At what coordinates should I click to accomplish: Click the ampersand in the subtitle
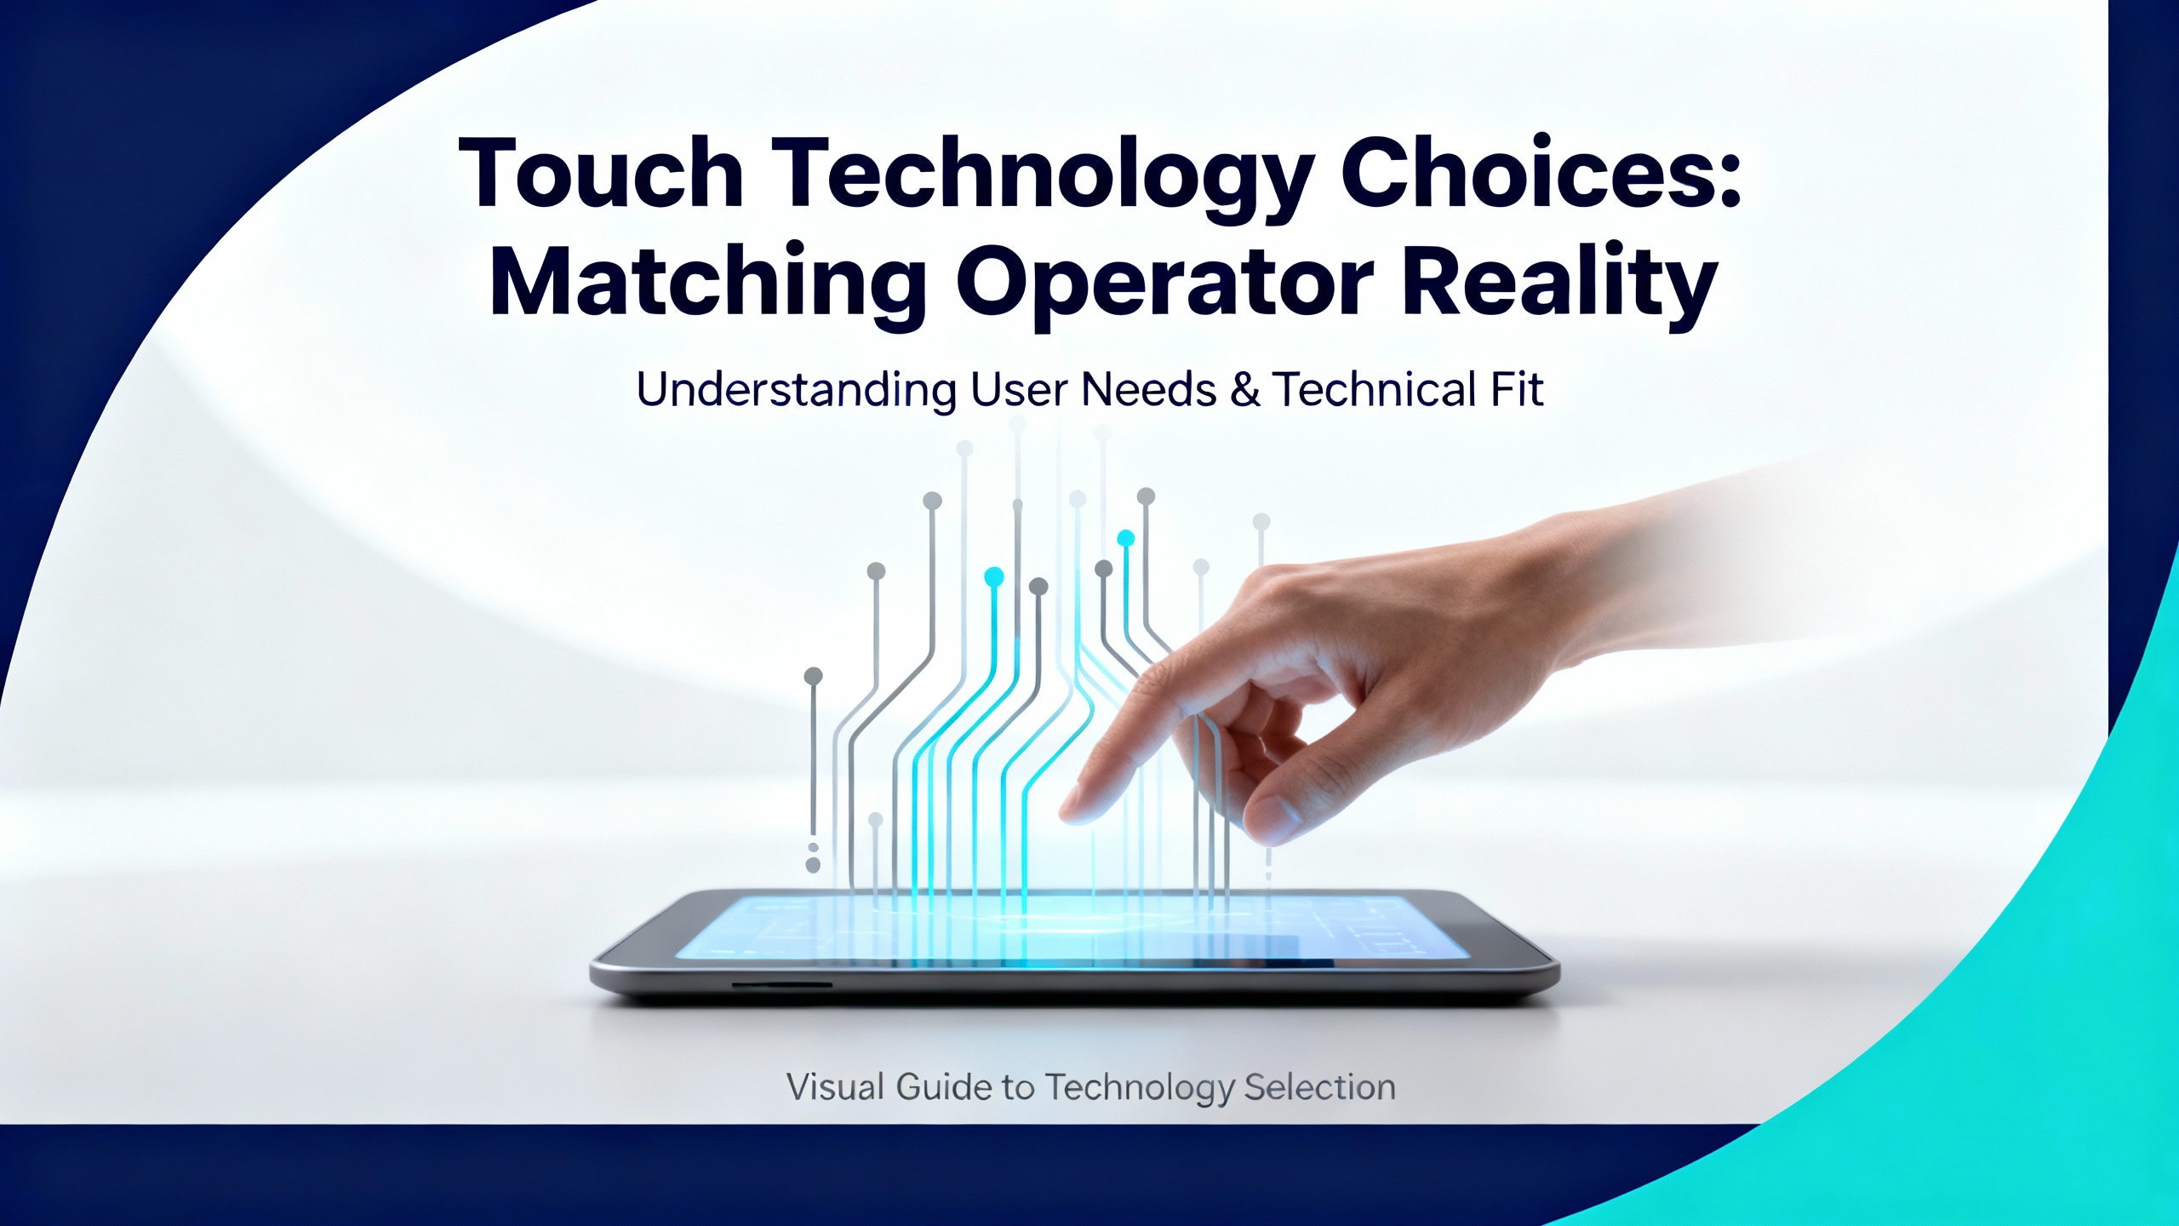tap(1244, 390)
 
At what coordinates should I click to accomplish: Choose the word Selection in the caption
tap(1320, 1087)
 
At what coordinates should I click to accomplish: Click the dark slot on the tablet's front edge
tap(782, 985)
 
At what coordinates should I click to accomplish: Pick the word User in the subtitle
tap(1019, 390)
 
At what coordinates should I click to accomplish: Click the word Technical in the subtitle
tap(1375, 389)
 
